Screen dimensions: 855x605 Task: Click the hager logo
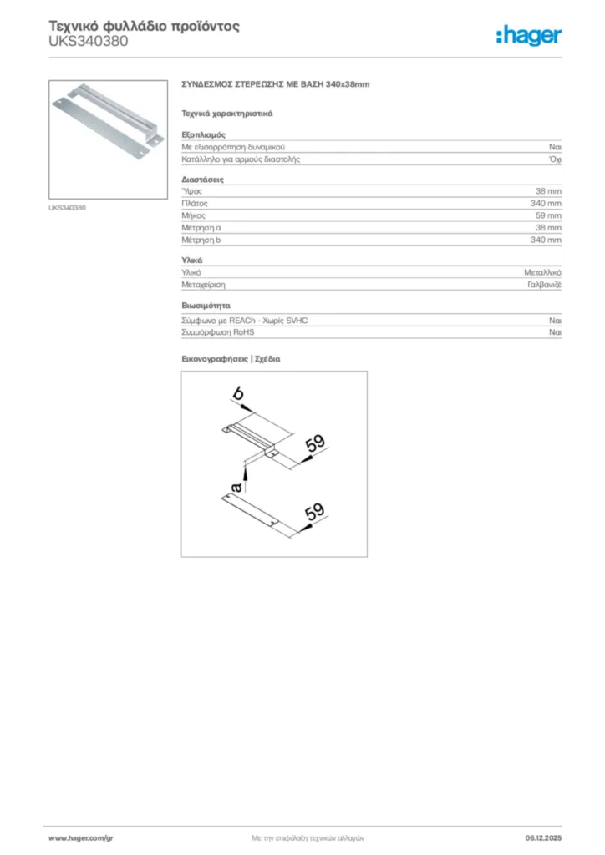[528, 35]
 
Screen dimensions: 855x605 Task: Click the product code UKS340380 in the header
[89, 41]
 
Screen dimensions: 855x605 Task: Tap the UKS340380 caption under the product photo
[67, 208]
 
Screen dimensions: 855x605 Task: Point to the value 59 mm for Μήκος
[548, 215]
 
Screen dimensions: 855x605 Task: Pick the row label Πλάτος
[195, 203]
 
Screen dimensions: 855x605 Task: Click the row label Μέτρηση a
[201, 227]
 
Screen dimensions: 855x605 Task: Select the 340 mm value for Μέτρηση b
[546, 240]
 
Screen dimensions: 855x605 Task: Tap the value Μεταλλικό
[542, 272]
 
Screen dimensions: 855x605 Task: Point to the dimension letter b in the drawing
[238, 393]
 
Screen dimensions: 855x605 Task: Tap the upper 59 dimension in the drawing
[314, 444]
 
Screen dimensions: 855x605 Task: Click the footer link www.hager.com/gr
[80, 837]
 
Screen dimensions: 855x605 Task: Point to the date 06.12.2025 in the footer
[543, 837]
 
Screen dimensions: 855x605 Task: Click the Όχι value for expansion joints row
[555, 159]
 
